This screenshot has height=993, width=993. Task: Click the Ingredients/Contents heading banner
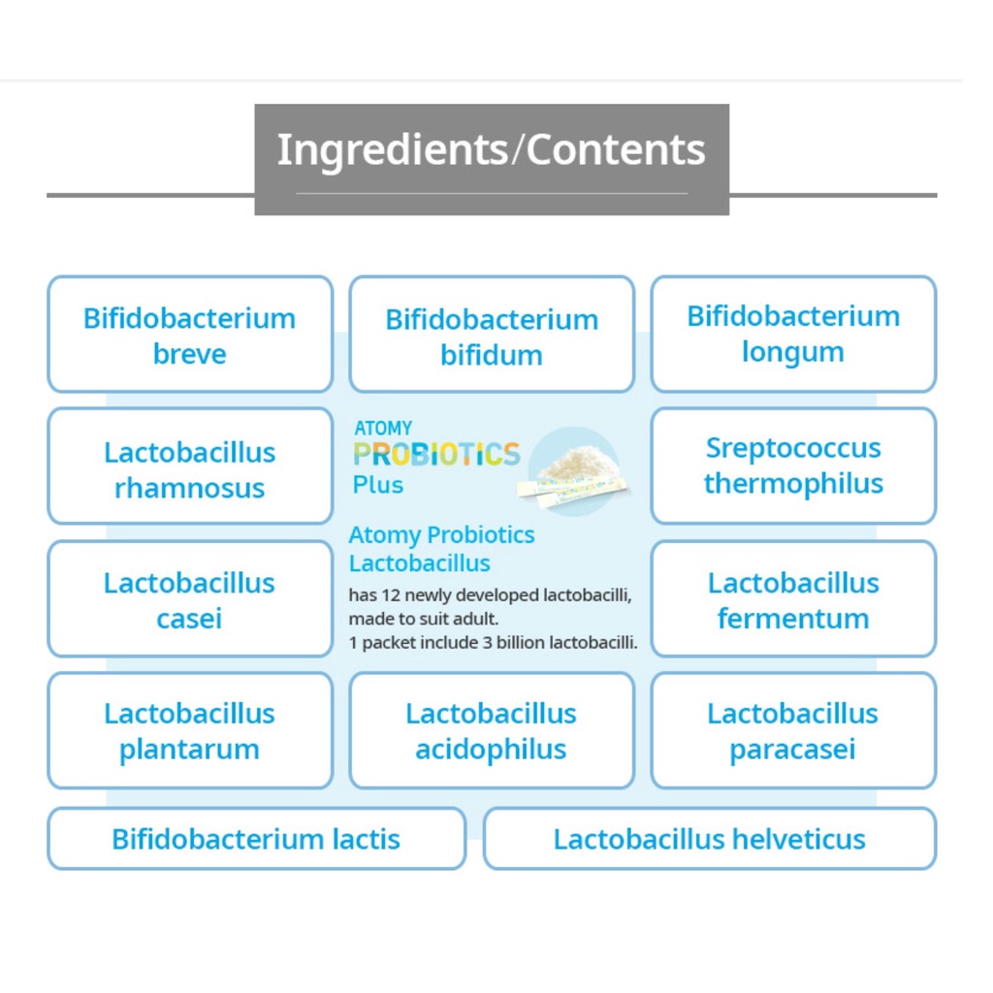(491, 150)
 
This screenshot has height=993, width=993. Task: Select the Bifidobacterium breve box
(189, 335)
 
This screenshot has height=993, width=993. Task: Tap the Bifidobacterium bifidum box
(492, 336)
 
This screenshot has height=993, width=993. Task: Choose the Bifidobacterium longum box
(793, 334)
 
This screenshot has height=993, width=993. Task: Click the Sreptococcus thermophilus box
(793, 465)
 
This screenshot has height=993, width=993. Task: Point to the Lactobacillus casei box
(189, 599)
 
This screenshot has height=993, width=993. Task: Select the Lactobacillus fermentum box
(793, 599)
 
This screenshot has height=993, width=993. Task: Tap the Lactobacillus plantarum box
(189, 730)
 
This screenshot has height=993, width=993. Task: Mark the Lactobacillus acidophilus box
(492, 730)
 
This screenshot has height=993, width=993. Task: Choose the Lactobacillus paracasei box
(793, 730)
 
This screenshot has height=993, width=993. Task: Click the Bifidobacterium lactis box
(256, 839)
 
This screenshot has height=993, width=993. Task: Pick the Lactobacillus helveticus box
(709, 839)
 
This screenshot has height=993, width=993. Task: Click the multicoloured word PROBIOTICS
(436, 454)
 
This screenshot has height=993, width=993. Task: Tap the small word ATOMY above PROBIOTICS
(383, 428)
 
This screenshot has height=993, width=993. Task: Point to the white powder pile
(578, 465)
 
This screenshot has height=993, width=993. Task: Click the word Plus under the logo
(378, 485)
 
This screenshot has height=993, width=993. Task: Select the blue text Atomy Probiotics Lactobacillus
(441, 549)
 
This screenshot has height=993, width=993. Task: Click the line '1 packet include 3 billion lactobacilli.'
(493, 642)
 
